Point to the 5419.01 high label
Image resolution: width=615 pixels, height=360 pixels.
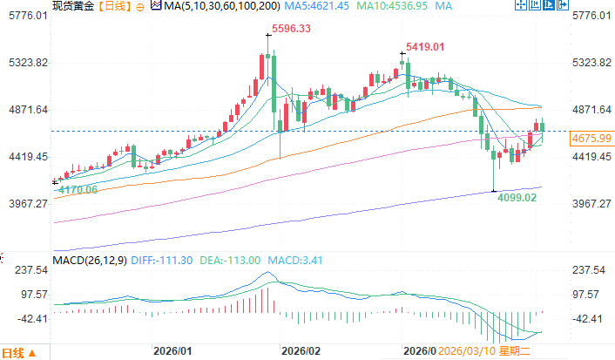click(x=424, y=46)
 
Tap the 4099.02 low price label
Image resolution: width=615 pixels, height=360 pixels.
click(x=516, y=198)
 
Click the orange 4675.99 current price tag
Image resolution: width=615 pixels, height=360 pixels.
click(x=590, y=139)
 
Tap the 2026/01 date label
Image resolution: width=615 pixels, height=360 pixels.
click(x=172, y=351)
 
